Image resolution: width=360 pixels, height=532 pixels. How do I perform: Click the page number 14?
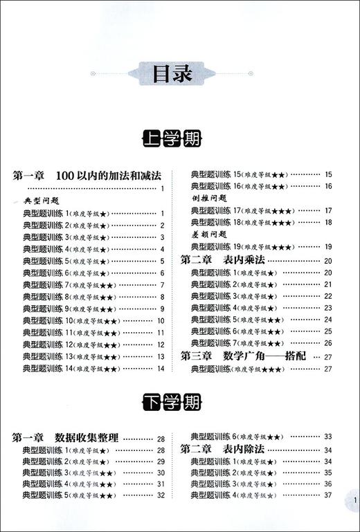coord(160,369)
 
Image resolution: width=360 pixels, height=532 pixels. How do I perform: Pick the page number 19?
coord(328,248)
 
